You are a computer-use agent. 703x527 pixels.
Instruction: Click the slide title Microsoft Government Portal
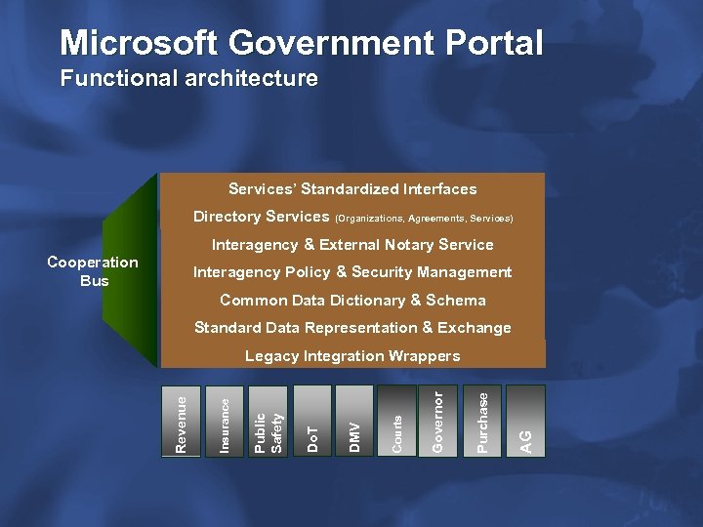pos(301,43)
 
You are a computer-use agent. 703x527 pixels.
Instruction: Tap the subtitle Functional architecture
pos(188,78)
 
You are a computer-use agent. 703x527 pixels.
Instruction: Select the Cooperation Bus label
pos(93,271)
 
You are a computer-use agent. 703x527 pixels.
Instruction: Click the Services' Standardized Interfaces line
pos(352,188)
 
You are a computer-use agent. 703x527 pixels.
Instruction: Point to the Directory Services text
pos(261,217)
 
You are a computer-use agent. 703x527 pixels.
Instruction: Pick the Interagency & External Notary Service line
pos(352,244)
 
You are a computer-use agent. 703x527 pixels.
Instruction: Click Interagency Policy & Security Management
pos(352,272)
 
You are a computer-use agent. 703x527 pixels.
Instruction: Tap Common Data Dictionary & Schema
pos(352,300)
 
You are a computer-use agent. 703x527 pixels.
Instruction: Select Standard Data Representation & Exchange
pos(352,328)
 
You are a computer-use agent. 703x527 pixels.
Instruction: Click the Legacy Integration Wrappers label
pos(352,356)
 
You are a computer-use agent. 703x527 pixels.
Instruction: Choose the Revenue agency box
pos(181,422)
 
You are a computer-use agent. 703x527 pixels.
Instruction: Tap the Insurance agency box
pos(225,422)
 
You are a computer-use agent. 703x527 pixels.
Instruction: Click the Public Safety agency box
pos(268,422)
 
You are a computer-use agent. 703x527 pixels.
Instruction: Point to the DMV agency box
pos(354,422)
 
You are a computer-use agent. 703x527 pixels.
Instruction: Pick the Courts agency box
pos(397,422)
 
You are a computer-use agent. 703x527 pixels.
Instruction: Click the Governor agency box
pos(439,422)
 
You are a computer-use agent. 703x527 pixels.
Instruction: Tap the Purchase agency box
pos(482,422)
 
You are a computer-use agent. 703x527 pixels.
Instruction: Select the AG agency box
pos(526,422)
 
